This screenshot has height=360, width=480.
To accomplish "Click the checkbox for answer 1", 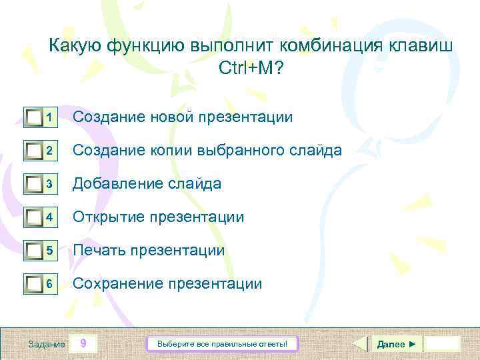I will (x=34, y=118).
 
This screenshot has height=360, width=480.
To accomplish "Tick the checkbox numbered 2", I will (x=34, y=151).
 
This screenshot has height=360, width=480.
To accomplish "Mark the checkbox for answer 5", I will (x=34, y=251).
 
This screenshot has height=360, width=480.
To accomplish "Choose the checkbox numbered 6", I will (x=34, y=285).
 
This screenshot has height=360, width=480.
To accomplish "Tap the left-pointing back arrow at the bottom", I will (x=359, y=344).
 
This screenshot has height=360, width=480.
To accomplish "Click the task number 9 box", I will (x=83, y=344).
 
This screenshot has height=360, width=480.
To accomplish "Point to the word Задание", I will (x=47, y=344).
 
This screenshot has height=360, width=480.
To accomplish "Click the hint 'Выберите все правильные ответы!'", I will (x=222, y=344).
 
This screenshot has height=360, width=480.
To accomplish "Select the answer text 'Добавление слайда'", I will (x=147, y=183).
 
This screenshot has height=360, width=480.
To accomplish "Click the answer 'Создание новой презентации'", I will (x=182, y=117).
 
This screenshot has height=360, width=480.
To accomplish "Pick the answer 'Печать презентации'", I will (x=148, y=250).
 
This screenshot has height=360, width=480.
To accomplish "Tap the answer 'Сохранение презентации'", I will (x=167, y=283).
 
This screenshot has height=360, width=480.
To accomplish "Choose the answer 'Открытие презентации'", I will (x=158, y=217).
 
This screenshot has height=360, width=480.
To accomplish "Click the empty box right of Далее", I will (x=443, y=344).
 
